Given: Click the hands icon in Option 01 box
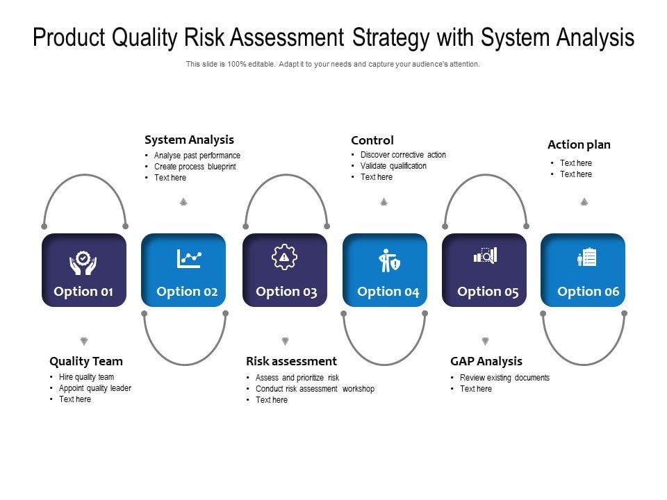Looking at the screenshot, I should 83,262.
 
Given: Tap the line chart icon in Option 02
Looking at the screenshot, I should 188,258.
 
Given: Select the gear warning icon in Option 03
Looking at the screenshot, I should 284,258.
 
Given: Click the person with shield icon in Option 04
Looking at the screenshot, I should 388,260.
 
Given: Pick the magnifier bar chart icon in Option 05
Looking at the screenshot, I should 485,256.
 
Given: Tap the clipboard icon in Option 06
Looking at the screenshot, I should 587,258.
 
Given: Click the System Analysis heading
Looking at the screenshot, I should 189,140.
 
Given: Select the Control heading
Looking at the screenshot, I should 372,140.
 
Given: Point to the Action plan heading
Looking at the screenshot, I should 579,144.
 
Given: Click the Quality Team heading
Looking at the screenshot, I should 86,361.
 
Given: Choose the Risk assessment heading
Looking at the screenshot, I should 291,361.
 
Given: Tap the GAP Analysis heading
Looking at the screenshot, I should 486,361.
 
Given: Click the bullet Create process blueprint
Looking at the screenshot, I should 195,167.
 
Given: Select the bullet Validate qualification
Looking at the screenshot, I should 393,166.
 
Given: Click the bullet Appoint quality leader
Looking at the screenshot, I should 95,388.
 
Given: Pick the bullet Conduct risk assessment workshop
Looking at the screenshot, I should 315,389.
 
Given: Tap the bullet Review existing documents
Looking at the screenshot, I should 504,378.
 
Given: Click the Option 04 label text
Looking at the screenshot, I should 388,292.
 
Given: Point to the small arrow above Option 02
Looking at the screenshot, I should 183,201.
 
